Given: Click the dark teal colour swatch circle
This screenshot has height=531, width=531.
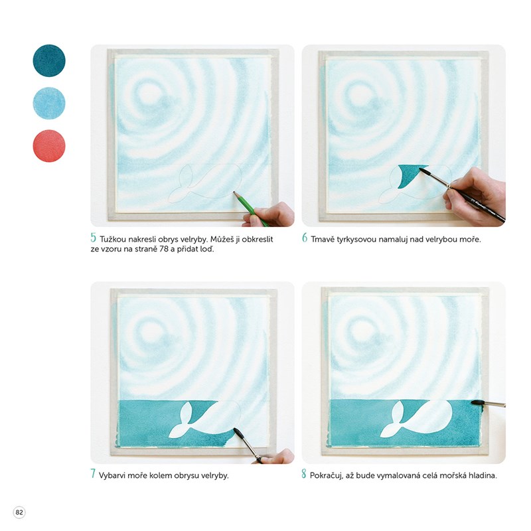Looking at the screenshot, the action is [x=49, y=60].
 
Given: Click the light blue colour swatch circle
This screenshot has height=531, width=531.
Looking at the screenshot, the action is [x=49, y=103].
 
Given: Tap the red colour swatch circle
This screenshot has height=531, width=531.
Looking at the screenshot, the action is [x=49, y=145].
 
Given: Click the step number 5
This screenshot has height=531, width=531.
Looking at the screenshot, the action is [x=94, y=238].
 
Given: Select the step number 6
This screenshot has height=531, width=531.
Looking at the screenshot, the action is [x=305, y=238].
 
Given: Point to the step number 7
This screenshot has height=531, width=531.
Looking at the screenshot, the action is [x=93, y=473].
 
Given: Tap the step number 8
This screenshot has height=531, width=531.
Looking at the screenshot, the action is [x=304, y=473].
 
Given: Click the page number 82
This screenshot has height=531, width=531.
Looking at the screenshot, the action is [x=19, y=512].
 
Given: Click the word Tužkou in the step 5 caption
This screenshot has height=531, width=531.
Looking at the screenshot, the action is [x=113, y=239].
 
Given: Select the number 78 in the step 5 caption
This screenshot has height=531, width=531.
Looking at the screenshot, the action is [x=164, y=249].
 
